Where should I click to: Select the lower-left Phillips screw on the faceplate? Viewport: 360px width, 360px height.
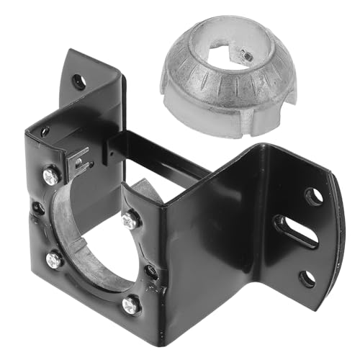click(x=54, y=258)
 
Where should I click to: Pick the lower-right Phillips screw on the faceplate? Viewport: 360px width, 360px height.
click(x=130, y=305)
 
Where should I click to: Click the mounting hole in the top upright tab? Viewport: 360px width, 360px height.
click(x=78, y=81)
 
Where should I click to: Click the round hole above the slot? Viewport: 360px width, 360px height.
click(x=313, y=196)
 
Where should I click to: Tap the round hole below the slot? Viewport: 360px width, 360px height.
click(x=307, y=276)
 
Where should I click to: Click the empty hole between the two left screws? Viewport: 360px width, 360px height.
click(x=37, y=209)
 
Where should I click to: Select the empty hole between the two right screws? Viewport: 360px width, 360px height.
click(x=151, y=271)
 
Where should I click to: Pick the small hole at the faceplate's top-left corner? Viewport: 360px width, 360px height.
click(x=45, y=132)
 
